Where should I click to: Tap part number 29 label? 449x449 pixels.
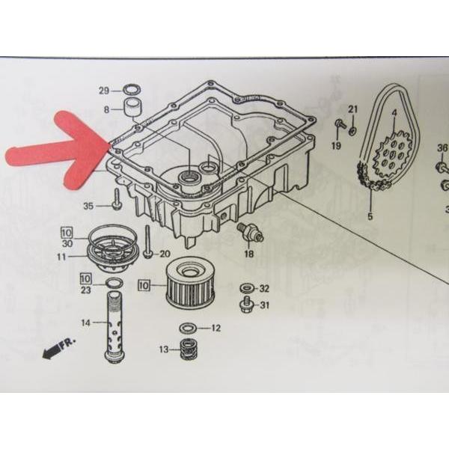[104, 91]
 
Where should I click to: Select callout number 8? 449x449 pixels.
[107, 109]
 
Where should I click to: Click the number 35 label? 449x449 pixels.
[88, 205]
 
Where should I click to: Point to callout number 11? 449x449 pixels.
[71, 257]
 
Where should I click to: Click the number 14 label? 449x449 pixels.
[86, 323]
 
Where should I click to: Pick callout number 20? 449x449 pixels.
[165, 254]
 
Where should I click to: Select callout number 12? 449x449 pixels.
[216, 328]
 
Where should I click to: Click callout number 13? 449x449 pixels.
[164, 349]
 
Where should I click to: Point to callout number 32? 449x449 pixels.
[264, 288]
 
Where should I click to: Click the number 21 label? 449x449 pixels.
[353, 110]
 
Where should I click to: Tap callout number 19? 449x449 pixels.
[336, 145]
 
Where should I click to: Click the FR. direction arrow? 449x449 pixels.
[57, 349]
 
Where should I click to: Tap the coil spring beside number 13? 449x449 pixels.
[186, 349]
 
